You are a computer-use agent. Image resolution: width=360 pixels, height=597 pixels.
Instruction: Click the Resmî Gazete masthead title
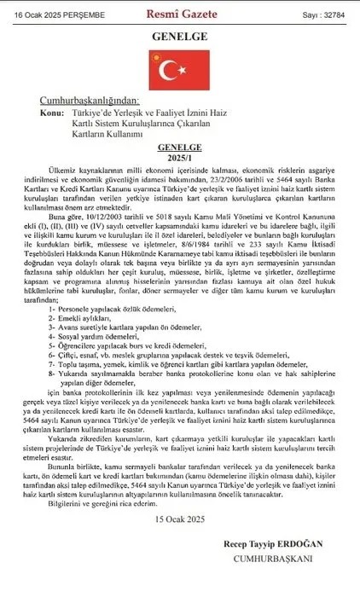pyautogui.click(x=180, y=15)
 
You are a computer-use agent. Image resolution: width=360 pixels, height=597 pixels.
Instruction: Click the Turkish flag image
pyautogui.click(x=179, y=71)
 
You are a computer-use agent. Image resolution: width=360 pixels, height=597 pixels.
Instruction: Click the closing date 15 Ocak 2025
pyautogui.click(x=179, y=519)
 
